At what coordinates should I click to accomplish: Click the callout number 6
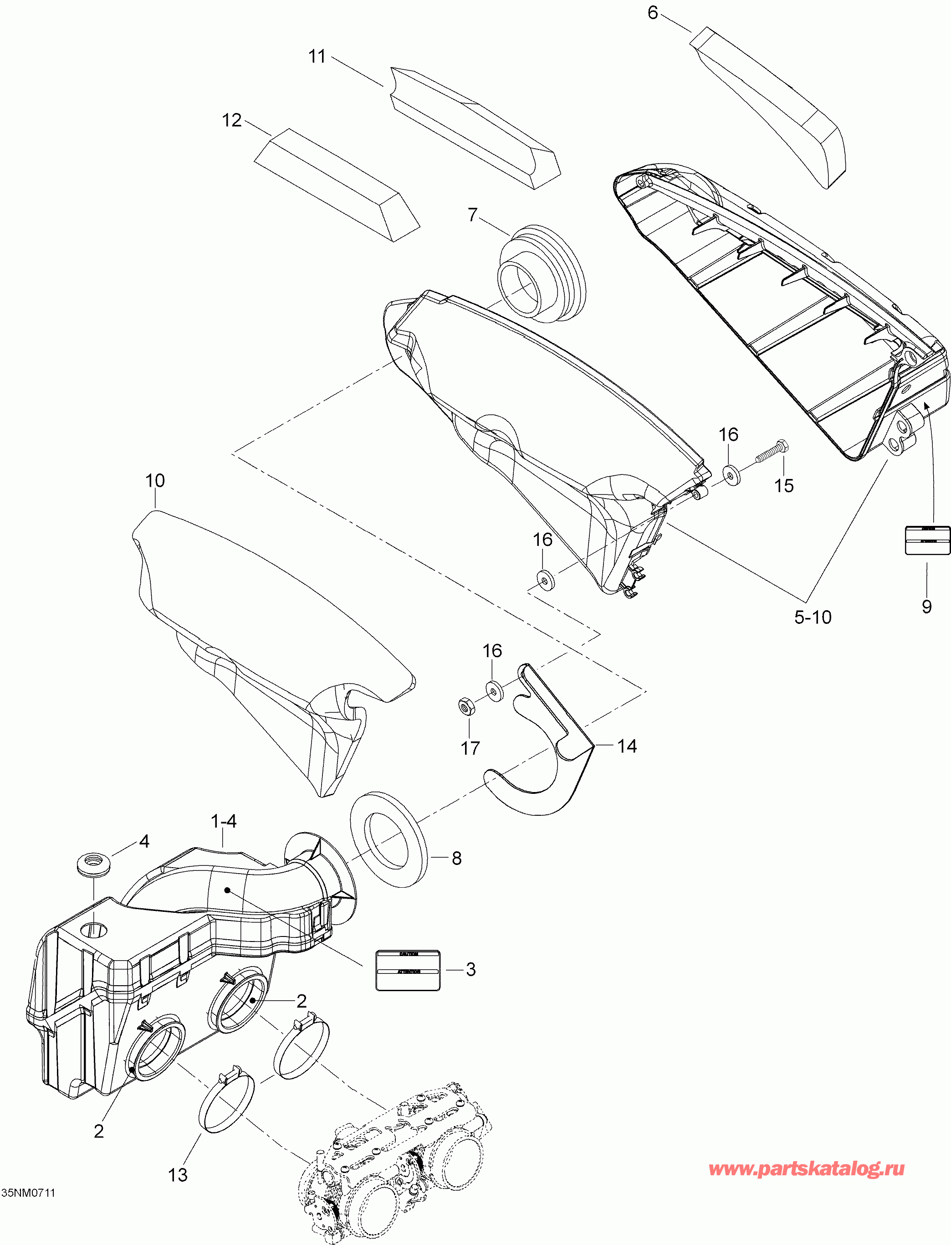tap(653, 13)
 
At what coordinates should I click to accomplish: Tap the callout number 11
tap(317, 57)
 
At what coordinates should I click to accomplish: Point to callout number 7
tap(472, 215)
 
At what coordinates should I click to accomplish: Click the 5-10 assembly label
tap(813, 617)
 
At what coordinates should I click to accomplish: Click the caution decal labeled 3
tap(408, 970)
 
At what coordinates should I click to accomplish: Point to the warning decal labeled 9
tap(927, 540)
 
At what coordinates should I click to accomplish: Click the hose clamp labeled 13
tap(226, 1102)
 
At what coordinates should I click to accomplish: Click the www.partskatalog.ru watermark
tap(807, 1168)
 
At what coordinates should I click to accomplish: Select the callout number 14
tap(627, 746)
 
